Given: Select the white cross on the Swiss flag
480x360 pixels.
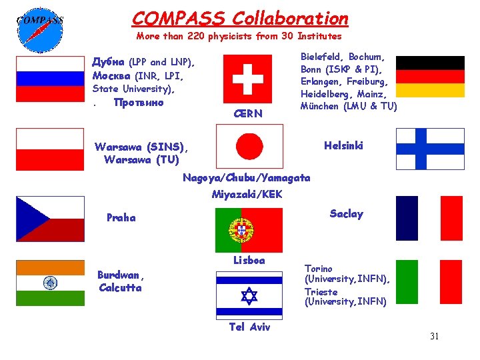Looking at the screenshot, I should coord(247,79).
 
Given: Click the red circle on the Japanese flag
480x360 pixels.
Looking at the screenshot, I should coord(249,146).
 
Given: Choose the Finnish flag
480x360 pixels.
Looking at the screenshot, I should coord(430,148).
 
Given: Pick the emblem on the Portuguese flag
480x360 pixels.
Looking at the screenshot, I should coord(241,230).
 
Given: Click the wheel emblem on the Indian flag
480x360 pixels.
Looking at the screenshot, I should coord(50,283).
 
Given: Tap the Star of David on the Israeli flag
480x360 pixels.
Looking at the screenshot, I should coord(249,295).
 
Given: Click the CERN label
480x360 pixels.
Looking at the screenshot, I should coord(249,114).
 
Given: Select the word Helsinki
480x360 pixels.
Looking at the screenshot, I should coord(343,145).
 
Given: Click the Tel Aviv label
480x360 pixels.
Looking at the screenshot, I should coord(249,327).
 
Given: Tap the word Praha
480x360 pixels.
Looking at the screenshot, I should coord(121,217).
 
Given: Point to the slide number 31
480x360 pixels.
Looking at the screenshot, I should coord(434,336).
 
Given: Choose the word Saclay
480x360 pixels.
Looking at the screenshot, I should coord(347,213).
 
